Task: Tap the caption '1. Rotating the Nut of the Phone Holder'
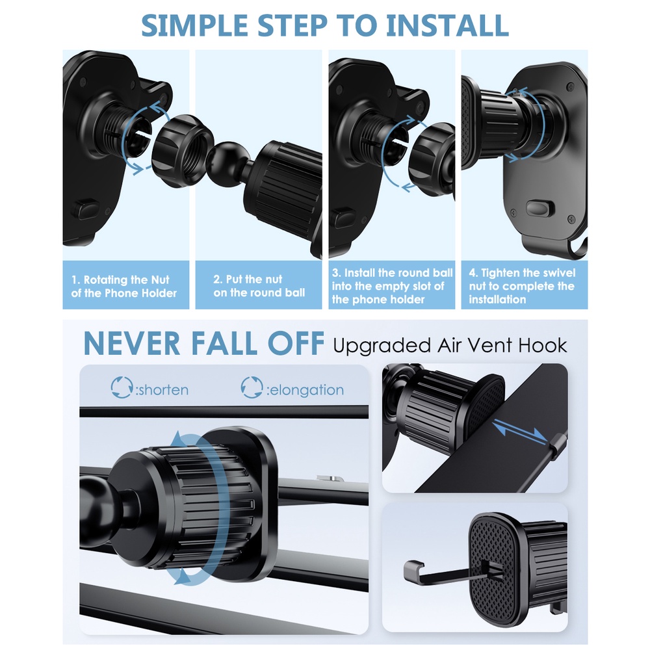[123, 286]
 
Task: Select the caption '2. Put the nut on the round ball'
[259, 286]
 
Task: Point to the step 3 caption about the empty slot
[391, 286]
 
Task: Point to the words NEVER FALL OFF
[203, 344]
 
